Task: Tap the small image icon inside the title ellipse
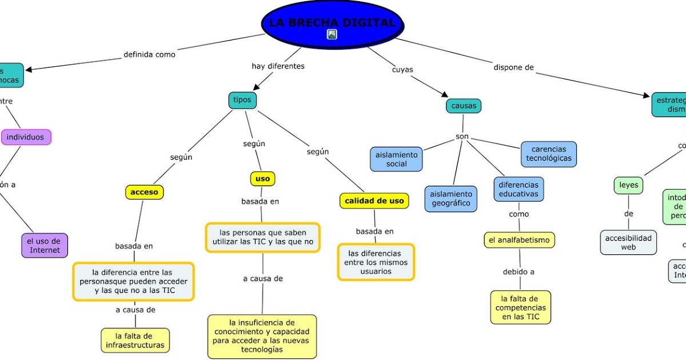click(x=332, y=34)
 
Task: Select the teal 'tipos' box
click(x=242, y=100)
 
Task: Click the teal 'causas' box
click(x=464, y=106)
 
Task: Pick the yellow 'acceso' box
click(x=145, y=193)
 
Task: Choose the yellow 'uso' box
click(x=263, y=179)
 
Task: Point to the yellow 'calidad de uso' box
click(x=374, y=201)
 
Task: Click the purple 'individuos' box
click(x=26, y=137)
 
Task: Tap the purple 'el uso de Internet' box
click(x=45, y=245)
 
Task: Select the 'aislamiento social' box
click(x=397, y=159)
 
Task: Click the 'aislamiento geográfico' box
click(x=450, y=198)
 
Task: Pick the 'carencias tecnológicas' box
click(x=549, y=154)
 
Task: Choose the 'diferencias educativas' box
click(x=519, y=189)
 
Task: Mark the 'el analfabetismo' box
click(x=520, y=240)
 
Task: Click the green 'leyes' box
click(x=629, y=185)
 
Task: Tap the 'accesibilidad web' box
click(x=629, y=242)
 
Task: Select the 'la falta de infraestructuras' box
click(x=135, y=340)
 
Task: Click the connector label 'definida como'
click(x=150, y=55)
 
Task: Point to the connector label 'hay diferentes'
click(x=278, y=66)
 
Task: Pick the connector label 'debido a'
click(x=519, y=272)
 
